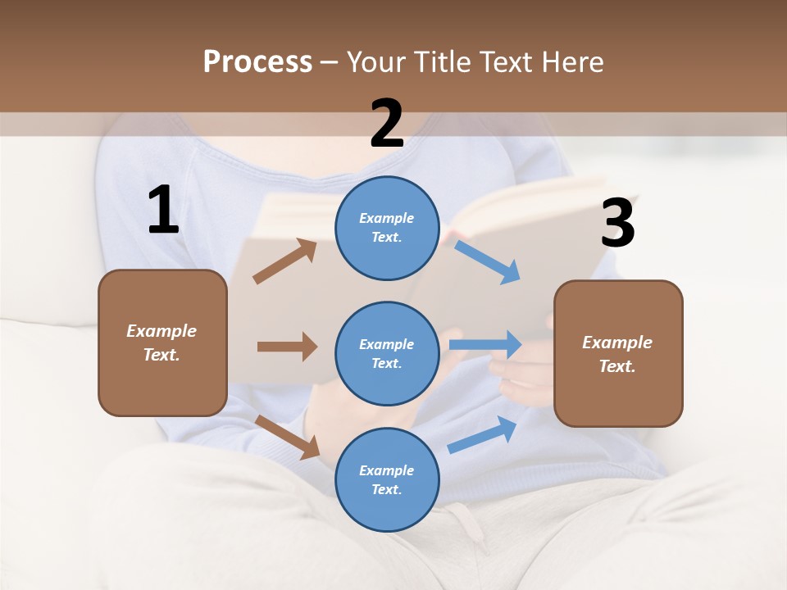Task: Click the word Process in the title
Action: click(257, 61)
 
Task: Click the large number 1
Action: click(163, 211)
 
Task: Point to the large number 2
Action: click(387, 124)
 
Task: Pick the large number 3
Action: click(617, 224)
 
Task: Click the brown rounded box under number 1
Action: click(162, 343)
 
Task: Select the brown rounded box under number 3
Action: click(618, 353)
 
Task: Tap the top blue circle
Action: click(387, 228)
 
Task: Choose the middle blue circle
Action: click(387, 353)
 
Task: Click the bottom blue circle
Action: click(387, 479)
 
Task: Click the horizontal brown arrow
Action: click(287, 347)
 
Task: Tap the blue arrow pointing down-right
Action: click(488, 261)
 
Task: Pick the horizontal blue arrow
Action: click(485, 345)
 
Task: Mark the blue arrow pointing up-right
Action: click(483, 434)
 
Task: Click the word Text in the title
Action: click(507, 61)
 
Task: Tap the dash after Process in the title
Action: click(330, 62)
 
